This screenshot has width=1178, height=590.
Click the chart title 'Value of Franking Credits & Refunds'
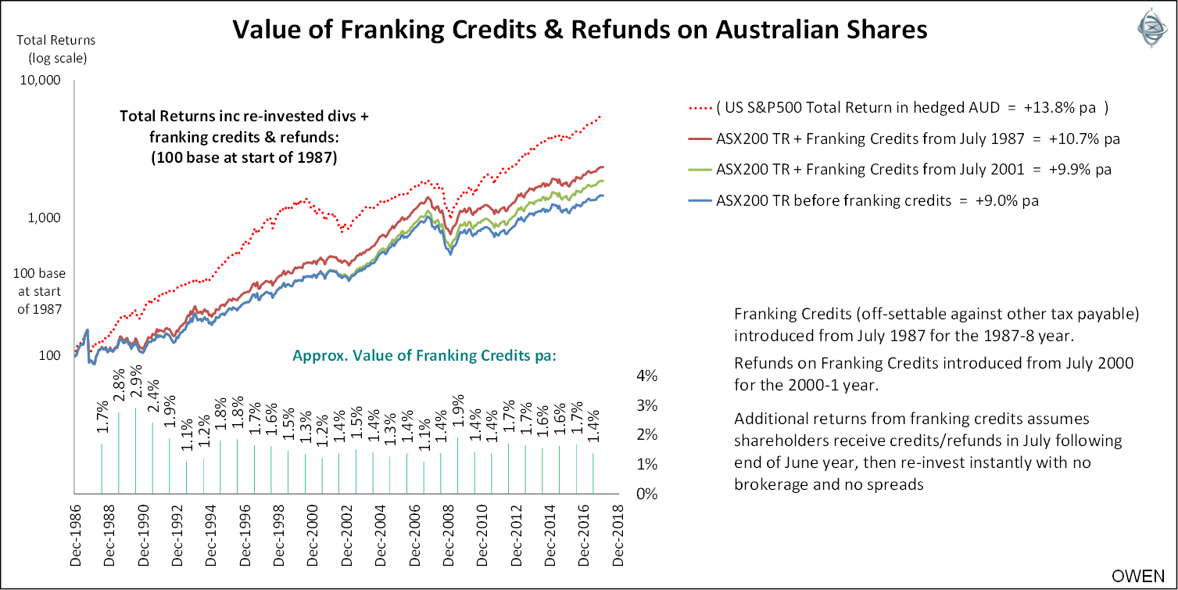pos(580,30)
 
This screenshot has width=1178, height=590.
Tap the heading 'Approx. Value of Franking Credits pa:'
pos(424,354)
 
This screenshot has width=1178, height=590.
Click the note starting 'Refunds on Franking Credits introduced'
pos(933,374)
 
